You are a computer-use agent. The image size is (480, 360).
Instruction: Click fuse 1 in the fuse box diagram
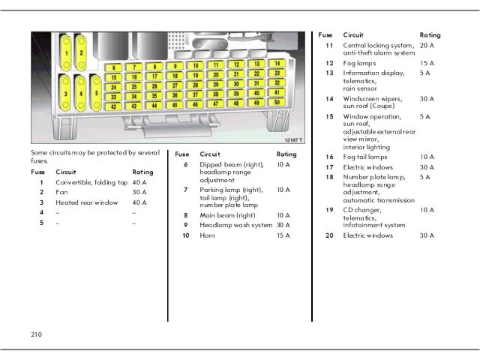tap(67, 53)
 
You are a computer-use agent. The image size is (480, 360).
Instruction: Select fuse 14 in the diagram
tap(277, 64)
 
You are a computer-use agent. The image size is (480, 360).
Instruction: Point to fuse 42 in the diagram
tap(112, 106)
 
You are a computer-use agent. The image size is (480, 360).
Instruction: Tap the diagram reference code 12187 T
tap(294, 139)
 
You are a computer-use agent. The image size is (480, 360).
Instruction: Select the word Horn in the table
tap(207, 235)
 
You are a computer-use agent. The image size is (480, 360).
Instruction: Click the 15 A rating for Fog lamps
tap(427, 63)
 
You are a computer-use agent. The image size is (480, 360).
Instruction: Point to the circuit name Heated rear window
tap(87, 202)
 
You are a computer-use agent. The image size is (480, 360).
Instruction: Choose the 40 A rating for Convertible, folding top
tap(139, 182)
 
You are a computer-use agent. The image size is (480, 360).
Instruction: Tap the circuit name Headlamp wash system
tap(235, 225)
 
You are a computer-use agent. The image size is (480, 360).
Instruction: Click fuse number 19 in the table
tap(329, 210)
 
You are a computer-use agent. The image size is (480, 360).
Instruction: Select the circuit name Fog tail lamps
tap(365, 157)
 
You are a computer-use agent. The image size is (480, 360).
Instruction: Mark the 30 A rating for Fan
tap(139, 192)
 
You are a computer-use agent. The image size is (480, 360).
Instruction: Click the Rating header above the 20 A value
tap(430, 34)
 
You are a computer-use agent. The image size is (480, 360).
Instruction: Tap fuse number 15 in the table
tap(329, 116)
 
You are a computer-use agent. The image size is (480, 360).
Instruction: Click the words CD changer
tap(362, 210)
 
